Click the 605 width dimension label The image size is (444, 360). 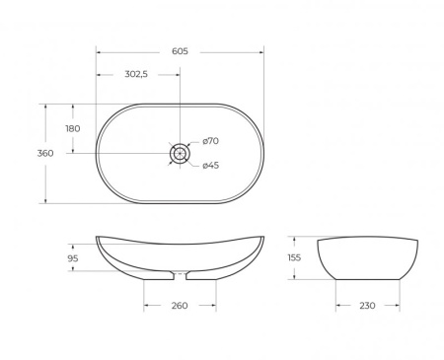180,50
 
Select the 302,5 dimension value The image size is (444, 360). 137,74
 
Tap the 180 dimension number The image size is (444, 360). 72,129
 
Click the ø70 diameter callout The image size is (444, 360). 210,141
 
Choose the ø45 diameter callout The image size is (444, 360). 210,165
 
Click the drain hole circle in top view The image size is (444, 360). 180,153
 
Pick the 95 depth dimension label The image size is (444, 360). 72,259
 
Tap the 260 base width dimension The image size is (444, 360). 180,306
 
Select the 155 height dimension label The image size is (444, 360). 293,257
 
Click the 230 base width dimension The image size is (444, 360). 367,306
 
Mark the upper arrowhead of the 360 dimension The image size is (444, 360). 45,107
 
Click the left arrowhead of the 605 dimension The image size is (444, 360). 100,50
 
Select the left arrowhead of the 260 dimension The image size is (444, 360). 147,306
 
